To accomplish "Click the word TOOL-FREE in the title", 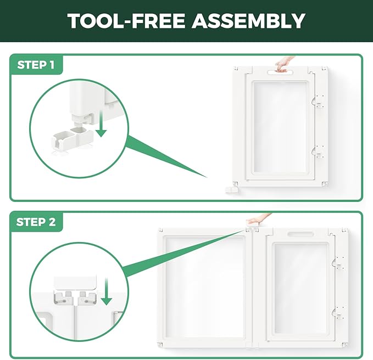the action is (x=126, y=21).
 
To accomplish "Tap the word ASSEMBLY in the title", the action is (x=248, y=21).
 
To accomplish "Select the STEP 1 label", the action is (x=36, y=65).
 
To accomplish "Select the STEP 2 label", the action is (x=36, y=222).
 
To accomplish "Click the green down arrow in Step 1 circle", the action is (x=102, y=123).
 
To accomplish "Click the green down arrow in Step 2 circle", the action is (x=106, y=291).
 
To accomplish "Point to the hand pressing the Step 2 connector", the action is (x=258, y=219).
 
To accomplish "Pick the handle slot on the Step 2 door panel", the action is (x=300, y=234).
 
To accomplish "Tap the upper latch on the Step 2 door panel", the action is (x=339, y=263).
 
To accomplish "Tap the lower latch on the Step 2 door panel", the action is (x=339, y=312).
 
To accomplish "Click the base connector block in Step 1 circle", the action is (x=72, y=138).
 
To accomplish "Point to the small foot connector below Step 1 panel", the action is (x=231, y=189).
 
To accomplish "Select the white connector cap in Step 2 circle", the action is (x=75, y=283).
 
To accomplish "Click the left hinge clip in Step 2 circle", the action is (x=63, y=298).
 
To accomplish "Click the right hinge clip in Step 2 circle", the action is (x=87, y=298).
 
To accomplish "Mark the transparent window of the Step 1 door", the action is (x=280, y=127).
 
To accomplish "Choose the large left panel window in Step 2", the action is (x=204, y=287).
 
